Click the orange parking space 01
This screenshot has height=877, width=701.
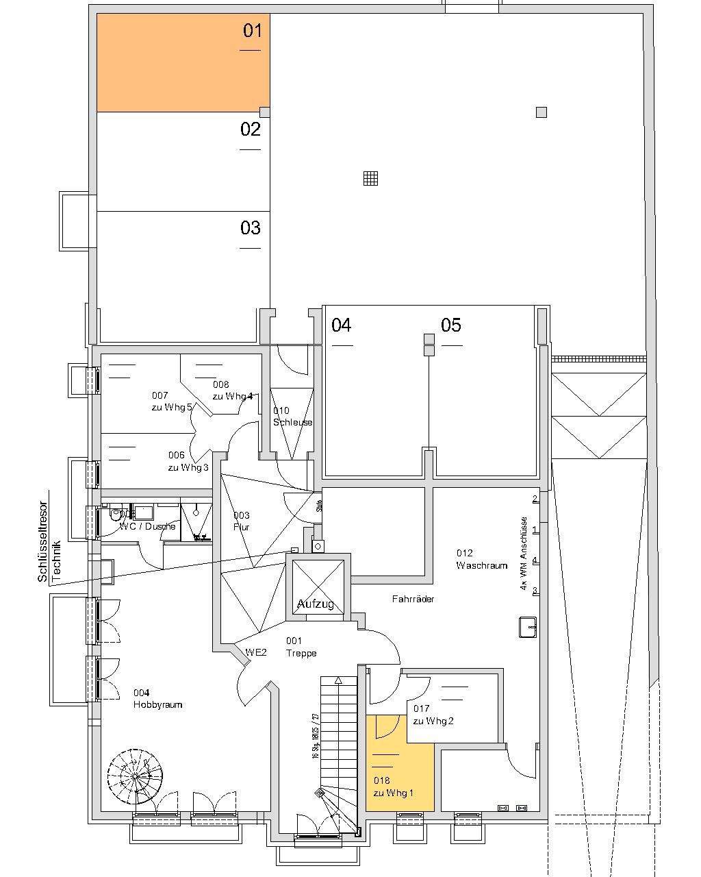[x=183, y=63]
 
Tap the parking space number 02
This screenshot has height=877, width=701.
[x=251, y=129]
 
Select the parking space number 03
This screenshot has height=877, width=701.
[x=251, y=227]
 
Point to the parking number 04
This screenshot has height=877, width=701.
[x=342, y=325]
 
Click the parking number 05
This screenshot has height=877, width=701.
[x=451, y=325]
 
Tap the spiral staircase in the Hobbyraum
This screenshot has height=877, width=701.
[x=136, y=777]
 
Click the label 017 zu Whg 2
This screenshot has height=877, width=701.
[x=433, y=715]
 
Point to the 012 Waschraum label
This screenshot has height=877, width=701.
[x=482, y=559]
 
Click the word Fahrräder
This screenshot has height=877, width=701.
[x=413, y=599]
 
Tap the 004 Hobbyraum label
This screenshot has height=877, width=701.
[x=157, y=698]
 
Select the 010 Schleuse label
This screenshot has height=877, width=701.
[x=292, y=417]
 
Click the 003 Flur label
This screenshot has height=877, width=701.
[x=241, y=521]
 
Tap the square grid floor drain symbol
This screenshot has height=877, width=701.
[x=370, y=178]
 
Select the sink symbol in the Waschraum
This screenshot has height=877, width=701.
[x=526, y=626]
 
